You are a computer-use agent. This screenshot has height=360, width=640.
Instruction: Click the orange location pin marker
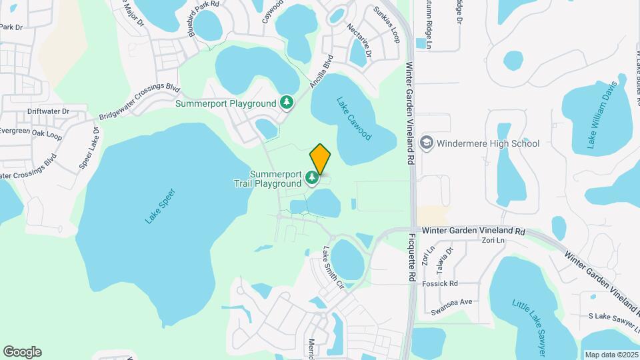point(320,158)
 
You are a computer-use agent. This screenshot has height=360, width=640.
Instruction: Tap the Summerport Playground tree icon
point(287,103)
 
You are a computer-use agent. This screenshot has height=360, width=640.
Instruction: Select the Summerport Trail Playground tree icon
point(311,177)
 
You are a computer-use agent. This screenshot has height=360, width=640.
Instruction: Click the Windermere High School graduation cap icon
point(426,143)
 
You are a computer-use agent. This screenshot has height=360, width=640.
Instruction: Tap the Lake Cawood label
point(353,119)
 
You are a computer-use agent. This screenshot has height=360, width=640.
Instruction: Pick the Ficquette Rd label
point(413,257)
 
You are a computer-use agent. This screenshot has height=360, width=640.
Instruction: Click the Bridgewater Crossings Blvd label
point(139,102)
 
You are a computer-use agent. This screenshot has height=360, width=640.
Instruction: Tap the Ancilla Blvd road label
point(321,71)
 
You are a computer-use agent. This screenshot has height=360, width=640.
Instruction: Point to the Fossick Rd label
point(444,283)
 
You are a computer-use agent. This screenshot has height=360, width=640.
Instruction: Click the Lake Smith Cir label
point(333,268)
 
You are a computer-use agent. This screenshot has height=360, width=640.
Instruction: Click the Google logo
point(22,352)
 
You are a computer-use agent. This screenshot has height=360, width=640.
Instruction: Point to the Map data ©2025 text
point(611,355)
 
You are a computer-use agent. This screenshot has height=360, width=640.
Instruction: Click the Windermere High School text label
point(489,143)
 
